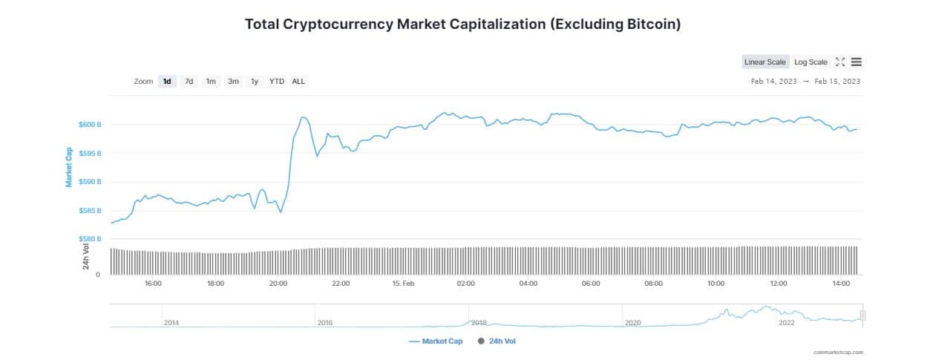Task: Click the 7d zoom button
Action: (189, 81)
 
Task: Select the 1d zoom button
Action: (167, 81)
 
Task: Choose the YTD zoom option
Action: (277, 81)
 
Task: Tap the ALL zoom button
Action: (298, 81)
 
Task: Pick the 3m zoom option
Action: (233, 81)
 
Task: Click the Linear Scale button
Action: (764, 62)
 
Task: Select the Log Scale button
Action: (811, 62)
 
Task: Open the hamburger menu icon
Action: (856, 62)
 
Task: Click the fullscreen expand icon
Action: (840, 62)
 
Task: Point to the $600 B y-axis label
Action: (89, 125)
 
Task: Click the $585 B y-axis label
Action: (89, 211)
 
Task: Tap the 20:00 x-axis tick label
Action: (278, 284)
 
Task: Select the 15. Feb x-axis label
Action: (403, 284)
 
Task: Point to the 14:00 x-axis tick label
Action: (841, 284)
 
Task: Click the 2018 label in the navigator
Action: (479, 323)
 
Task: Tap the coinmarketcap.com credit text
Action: (838, 353)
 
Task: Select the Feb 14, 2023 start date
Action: (773, 81)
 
